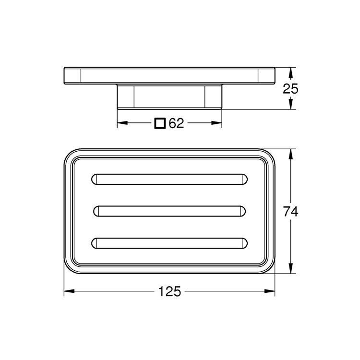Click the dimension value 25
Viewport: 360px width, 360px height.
pos(291,88)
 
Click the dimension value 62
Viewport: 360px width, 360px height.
pos(176,123)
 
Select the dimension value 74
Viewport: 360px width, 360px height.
pos(291,211)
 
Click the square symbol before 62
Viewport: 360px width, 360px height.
pos(160,123)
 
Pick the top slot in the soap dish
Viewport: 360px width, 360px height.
pos(169,179)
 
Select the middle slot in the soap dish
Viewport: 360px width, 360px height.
pos(169,211)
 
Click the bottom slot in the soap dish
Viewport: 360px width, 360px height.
pos(169,243)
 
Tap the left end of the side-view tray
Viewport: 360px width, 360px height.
pos(72,75)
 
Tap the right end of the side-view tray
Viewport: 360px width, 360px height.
pos(266,75)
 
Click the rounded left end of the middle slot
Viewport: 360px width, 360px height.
pos(97,211)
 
